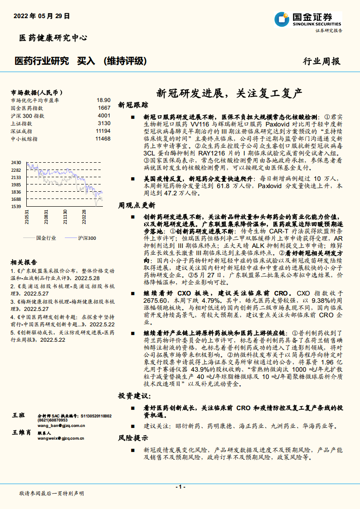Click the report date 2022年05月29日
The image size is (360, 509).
coord(42,15)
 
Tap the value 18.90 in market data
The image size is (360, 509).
coord(103,100)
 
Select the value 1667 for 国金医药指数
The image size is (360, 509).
coord(104,108)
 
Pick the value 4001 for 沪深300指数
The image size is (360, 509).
coord(104,116)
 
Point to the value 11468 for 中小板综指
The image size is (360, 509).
coord(103,139)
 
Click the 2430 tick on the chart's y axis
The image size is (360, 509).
coord(16,162)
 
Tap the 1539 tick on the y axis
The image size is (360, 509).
coord(16,207)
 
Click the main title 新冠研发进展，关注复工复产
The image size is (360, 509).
coord(229,94)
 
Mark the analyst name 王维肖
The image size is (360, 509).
coord(22,432)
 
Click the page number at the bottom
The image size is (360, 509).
coord(180,487)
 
